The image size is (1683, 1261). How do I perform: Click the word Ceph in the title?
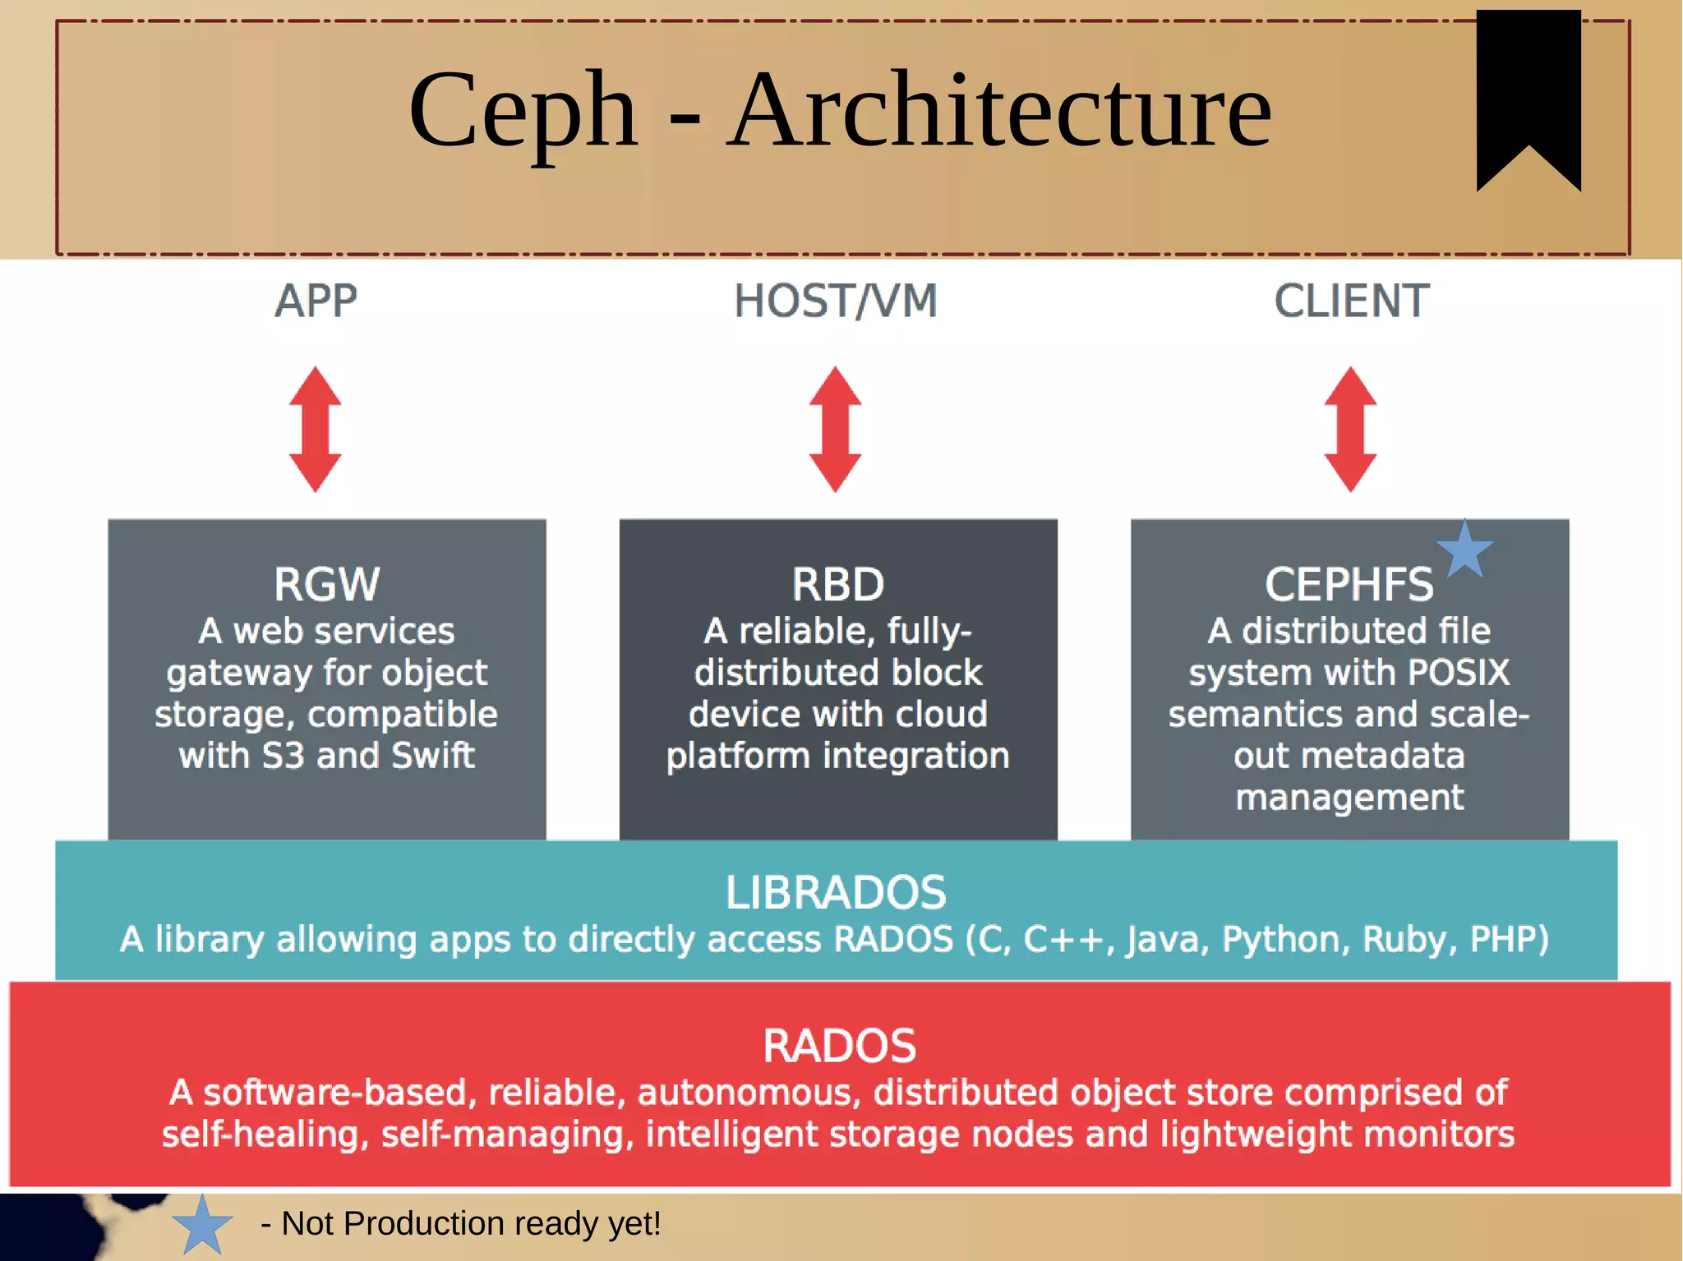point(523,111)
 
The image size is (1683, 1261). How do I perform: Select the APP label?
point(316,301)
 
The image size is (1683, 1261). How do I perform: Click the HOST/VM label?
point(835,301)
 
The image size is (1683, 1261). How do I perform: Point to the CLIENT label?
point(1351,301)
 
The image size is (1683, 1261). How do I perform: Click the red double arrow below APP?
point(315,429)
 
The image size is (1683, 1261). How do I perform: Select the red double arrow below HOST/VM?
point(835,429)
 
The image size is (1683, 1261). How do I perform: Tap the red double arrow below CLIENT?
point(1350,429)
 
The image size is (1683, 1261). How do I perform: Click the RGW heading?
point(326,584)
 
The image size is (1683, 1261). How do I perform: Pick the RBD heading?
point(837,584)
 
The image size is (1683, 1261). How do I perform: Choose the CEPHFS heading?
point(1349,584)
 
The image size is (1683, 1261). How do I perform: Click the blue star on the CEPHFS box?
point(1464,550)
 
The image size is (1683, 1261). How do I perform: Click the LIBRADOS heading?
point(835,892)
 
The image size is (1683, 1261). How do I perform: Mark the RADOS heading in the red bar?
point(839,1046)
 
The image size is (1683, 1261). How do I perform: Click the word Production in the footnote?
point(424,1223)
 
